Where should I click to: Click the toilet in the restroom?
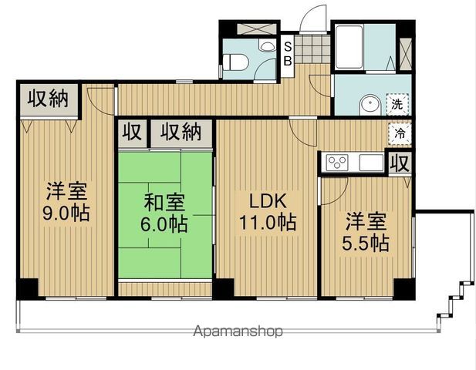235,62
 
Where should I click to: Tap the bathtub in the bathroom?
349,47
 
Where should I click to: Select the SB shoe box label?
288,54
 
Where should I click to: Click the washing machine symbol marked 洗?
397,104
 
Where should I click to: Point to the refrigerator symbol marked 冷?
400,133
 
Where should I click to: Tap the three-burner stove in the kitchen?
337,162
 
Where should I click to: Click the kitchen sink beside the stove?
372,163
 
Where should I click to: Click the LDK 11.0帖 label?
268,212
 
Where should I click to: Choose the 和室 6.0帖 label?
164,214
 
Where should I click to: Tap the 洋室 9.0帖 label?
66,202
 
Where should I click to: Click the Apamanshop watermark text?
238,331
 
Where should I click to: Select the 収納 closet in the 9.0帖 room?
49,99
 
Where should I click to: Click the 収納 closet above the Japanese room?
181,133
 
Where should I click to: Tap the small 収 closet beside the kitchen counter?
400,163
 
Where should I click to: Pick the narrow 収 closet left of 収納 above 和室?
132,133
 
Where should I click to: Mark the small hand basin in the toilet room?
267,46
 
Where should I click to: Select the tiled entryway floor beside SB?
312,49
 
